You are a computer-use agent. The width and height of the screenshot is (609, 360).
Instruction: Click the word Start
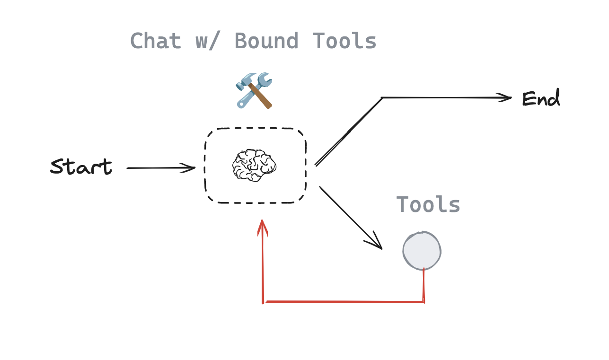click(81, 167)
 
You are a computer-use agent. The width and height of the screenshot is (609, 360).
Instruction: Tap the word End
click(541, 99)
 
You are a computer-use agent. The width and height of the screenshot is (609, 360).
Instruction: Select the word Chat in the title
click(156, 41)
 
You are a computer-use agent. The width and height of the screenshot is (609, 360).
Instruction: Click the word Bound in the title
click(266, 41)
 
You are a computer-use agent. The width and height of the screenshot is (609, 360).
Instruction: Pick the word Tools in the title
click(344, 41)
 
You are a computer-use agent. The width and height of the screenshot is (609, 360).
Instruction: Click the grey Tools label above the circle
click(428, 205)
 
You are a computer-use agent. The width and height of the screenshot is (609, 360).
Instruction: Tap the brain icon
click(254, 165)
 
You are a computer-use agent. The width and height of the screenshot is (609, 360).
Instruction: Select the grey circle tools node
click(422, 251)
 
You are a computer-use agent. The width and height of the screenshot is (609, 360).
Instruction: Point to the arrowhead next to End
click(506, 98)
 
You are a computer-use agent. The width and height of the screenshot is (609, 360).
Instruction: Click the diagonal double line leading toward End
click(349, 131)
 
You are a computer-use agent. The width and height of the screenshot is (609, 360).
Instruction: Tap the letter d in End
click(553, 99)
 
